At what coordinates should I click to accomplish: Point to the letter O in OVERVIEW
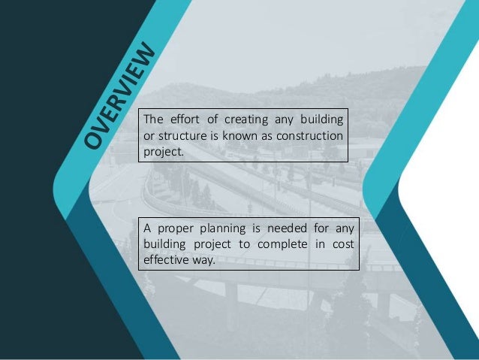(x=94, y=139)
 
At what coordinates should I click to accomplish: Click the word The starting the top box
(x=152, y=119)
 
